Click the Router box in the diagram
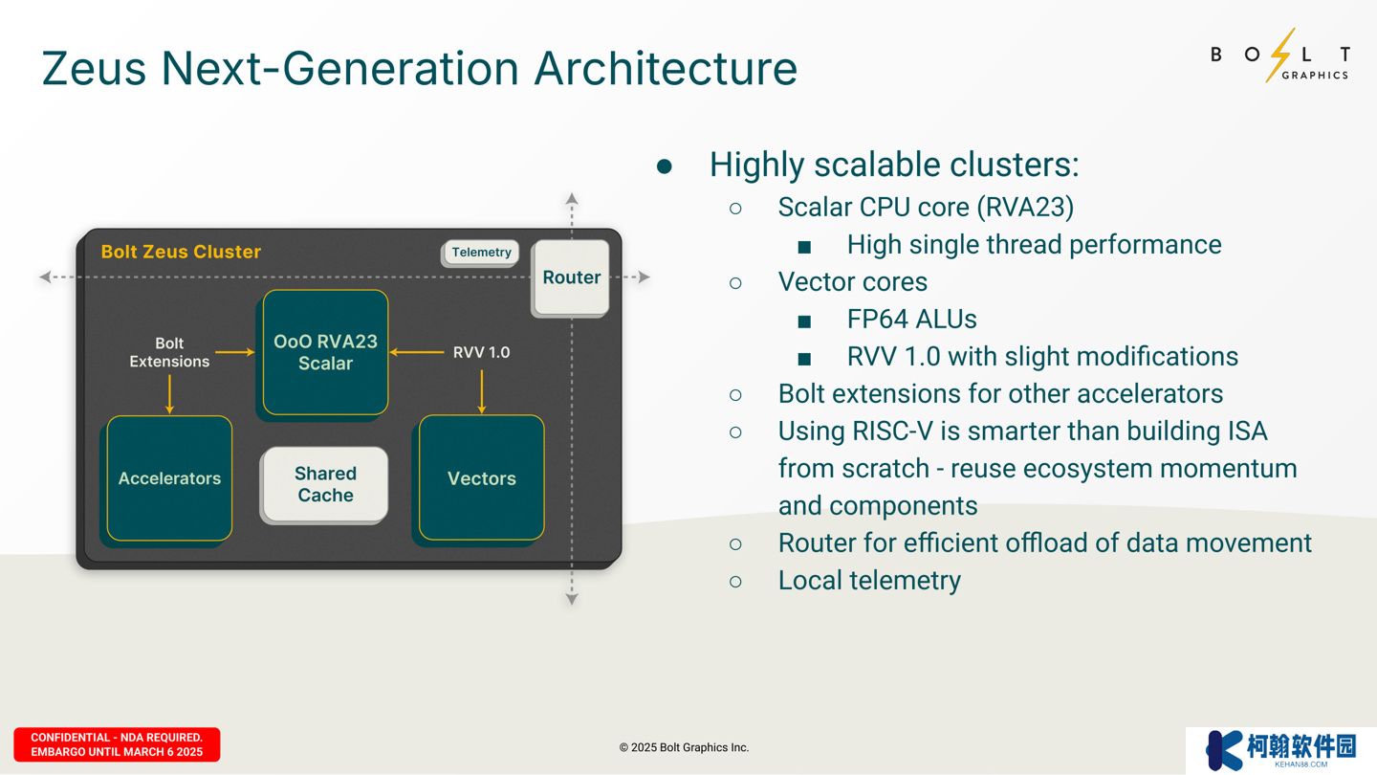pos(571,277)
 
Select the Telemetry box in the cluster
pos(481,253)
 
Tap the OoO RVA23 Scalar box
pos(325,352)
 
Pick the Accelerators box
pos(169,478)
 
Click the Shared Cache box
pos(325,484)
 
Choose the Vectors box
pos(481,478)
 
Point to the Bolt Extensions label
pos(169,352)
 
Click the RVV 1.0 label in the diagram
pos(481,352)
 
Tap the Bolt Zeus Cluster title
pos(181,252)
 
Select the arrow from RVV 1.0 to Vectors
pos(481,391)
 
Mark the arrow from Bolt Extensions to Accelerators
pos(169,393)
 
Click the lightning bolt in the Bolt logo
pos(1280,55)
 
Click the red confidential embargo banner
pos(117,744)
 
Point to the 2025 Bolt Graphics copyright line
pos(684,747)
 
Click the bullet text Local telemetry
pos(869,580)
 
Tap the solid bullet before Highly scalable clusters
pos(665,166)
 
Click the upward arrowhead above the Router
pos(572,199)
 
